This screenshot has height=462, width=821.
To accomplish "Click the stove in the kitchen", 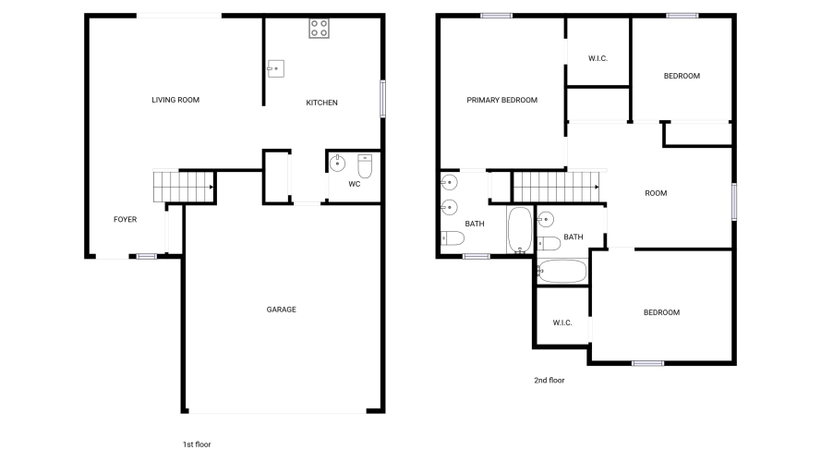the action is click(319, 29).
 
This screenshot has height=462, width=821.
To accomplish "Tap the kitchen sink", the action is click(275, 68).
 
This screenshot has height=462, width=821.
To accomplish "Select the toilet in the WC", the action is click(365, 166).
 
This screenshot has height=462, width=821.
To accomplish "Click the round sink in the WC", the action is click(337, 164).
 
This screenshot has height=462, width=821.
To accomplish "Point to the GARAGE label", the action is click(281, 310).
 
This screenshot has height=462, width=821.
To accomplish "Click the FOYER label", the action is click(126, 220).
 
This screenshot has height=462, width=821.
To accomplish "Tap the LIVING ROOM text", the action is click(175, 100).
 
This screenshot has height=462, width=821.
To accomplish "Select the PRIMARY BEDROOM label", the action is click(501, 100).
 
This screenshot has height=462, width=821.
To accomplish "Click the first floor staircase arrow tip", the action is click(213, 187).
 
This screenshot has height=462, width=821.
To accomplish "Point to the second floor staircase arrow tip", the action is click(598, 187).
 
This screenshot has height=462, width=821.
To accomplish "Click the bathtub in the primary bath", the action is click(519, 230).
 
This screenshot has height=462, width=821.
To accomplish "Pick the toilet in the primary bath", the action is click(453, 238).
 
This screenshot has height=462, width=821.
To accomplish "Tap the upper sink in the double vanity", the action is click(449, 182).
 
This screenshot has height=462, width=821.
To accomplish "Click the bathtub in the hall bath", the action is click(561, 272).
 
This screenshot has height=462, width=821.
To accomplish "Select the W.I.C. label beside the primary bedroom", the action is click(598, 58).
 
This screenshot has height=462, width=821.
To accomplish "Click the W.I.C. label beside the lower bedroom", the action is click(562, 322).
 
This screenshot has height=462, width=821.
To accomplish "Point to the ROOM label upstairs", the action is click(656, 193).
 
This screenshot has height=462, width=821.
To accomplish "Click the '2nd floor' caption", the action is click(549, 381).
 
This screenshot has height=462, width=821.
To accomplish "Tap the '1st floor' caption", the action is click(197, 444).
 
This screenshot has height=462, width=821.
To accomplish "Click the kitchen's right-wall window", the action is click(382, 99).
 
